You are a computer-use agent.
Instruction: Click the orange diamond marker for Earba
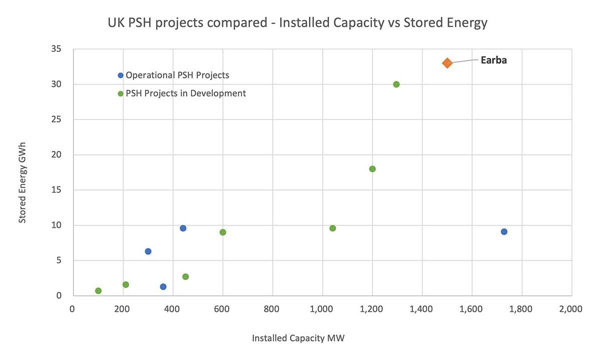(x=447, y=63)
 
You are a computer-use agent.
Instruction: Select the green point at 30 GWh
(x=396, y=84)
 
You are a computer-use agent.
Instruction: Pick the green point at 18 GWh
(x=372, y=169)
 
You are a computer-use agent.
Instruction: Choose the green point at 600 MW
(x=223, y=232)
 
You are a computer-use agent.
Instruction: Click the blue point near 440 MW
(x=183, y=228)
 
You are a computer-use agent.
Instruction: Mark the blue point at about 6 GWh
(x=148, y=251)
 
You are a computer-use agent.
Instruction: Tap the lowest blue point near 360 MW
(x=163, y=286)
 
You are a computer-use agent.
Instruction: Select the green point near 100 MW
(x=98, y=290)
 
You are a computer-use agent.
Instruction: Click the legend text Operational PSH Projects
(x=177, y=75)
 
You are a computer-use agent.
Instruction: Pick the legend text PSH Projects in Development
(x=185, y=93)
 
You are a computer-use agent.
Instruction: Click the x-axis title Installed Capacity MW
(x=298, y=338)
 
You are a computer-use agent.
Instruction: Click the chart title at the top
(x=297, y=23)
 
